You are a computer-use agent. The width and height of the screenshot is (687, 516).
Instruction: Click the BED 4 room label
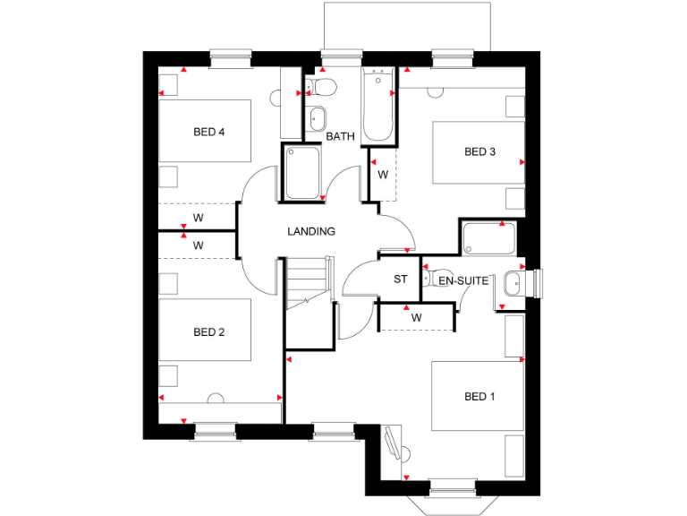(208, 133)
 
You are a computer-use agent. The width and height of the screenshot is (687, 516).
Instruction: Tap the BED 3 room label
(479, 151)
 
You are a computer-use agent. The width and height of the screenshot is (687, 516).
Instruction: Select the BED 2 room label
(208, 332)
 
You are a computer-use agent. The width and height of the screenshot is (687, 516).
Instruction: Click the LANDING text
(310, 231)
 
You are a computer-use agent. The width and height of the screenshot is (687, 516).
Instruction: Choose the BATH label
(340, 136)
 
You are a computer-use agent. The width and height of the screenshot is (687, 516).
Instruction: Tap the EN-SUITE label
(463, 280)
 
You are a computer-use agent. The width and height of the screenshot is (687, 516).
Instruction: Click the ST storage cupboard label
(401, 279)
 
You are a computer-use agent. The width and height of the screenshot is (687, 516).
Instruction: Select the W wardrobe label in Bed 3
(382, 173)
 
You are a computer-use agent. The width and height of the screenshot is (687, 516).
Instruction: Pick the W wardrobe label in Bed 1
(416, 317)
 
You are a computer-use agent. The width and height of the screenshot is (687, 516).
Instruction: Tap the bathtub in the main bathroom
(378, 105)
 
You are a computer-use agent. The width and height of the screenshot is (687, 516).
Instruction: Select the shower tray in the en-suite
(488, 239)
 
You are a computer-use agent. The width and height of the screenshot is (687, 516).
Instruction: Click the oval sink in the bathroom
(318, 117)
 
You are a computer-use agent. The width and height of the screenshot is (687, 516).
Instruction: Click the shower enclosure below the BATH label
(304, 173)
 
